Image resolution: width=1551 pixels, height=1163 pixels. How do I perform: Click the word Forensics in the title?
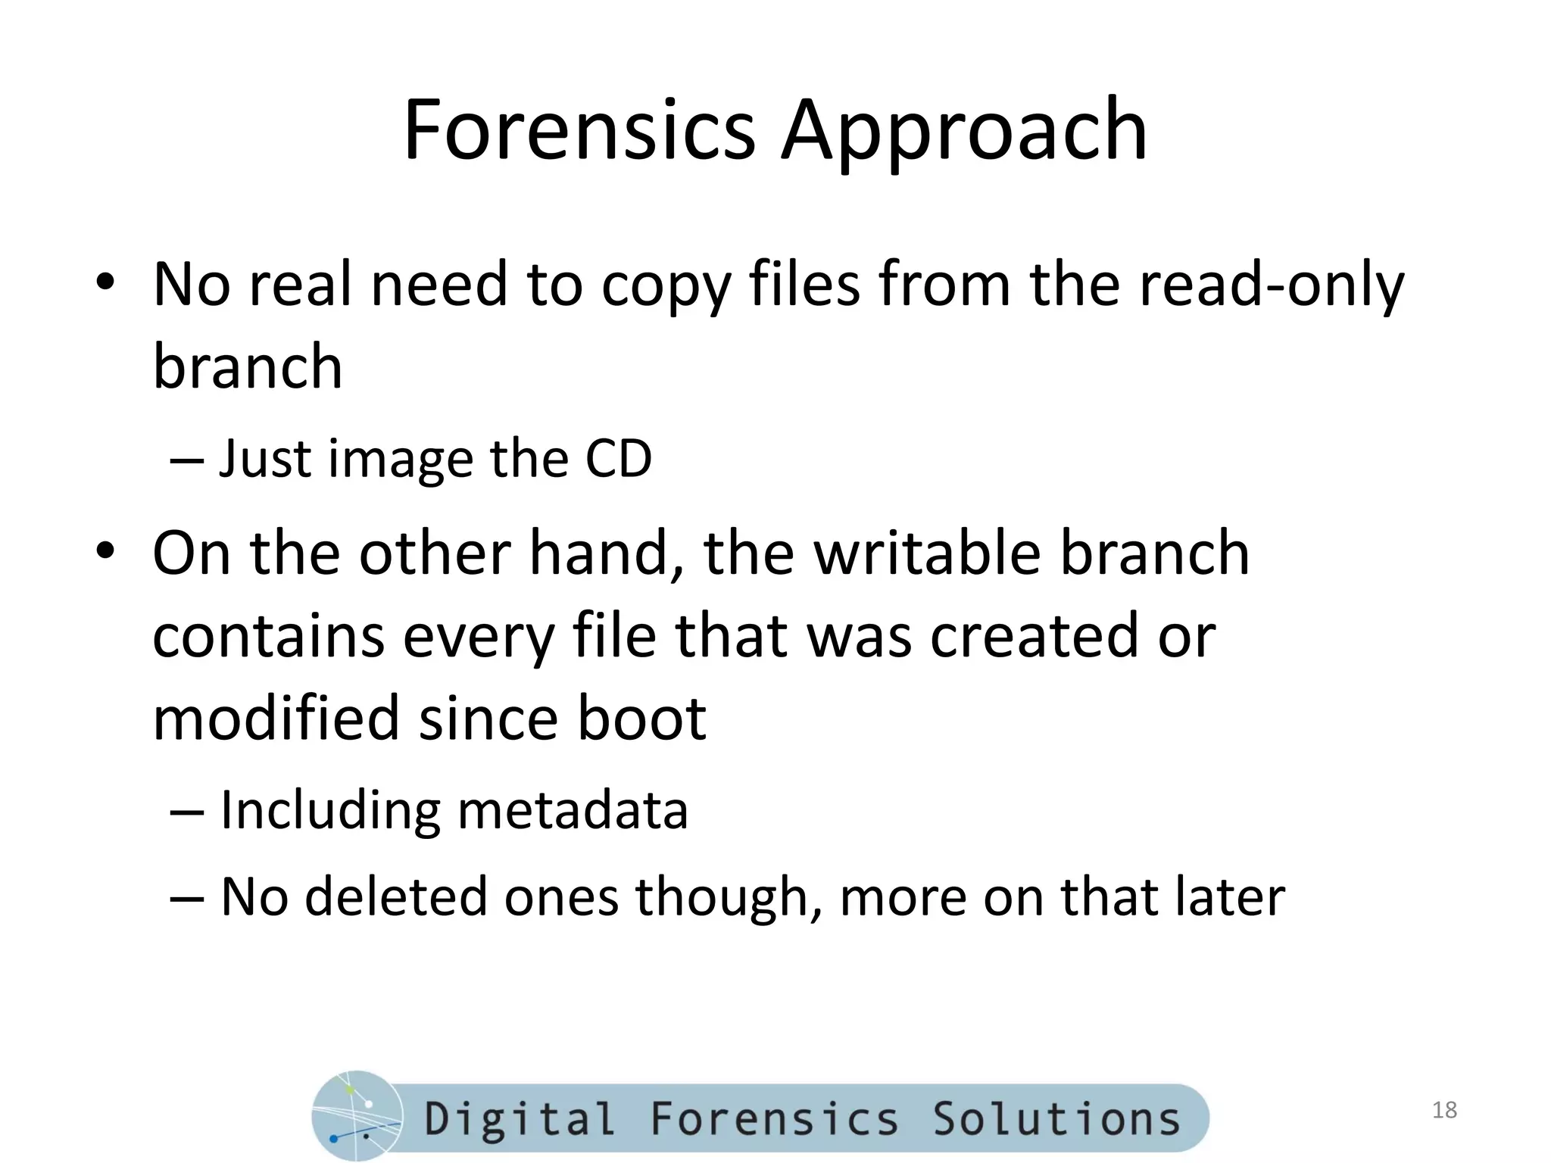point(579,130)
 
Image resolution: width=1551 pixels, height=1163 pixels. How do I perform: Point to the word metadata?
point(573,810)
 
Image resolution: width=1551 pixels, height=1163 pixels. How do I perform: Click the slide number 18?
point(1444,1110)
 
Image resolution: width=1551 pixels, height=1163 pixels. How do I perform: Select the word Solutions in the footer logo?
point(1056,1119)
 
